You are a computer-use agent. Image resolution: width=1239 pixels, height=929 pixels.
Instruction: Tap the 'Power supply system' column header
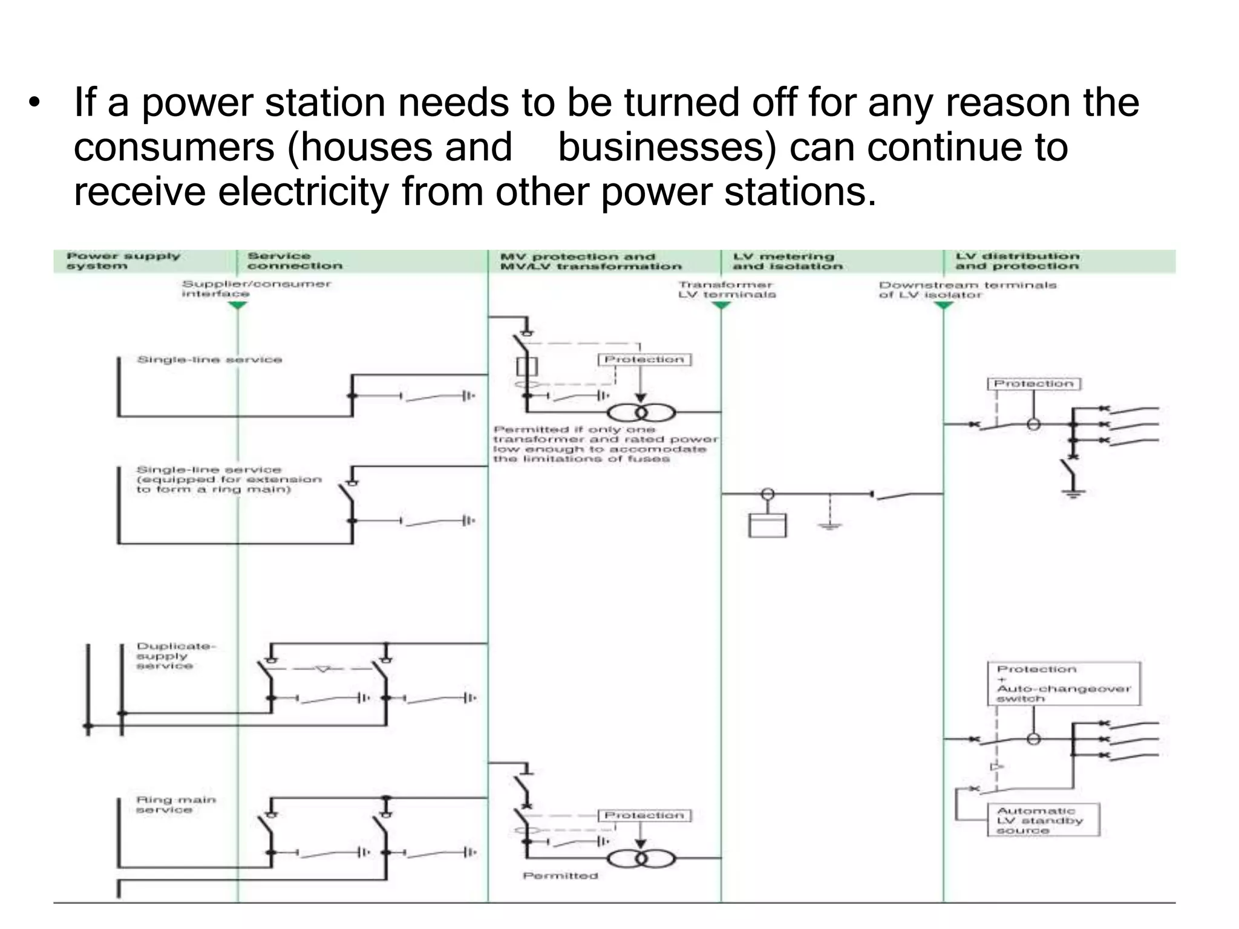point(123,261)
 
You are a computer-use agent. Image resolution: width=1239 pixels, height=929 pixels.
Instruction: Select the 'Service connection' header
point(294,261)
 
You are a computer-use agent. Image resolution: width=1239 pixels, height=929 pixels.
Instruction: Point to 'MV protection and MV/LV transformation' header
point(590,261)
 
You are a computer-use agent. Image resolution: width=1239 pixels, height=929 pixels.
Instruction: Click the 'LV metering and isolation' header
point(787,261)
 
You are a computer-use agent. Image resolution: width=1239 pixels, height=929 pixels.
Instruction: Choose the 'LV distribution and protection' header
point(1017,261)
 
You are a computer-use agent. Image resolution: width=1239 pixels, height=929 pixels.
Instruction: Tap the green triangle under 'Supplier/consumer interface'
point(238,305)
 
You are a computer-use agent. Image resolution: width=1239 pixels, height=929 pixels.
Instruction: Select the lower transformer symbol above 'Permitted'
point(641,858)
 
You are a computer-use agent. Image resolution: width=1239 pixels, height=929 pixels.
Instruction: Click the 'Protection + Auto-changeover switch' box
point(1064,684)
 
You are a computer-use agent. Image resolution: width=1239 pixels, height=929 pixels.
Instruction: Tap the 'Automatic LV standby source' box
point(1043,820)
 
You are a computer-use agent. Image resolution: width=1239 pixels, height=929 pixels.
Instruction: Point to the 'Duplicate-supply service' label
point(175,656)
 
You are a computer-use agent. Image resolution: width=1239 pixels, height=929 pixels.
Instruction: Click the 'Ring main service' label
point(175,804)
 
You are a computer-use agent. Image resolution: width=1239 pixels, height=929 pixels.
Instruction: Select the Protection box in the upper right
point(1033,384)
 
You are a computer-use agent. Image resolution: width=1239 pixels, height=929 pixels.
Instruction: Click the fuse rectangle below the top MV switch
point(527,367)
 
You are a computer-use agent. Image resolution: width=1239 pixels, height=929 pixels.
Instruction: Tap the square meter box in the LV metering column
point(767,525)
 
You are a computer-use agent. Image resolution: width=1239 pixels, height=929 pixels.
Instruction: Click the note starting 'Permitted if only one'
point(605,445)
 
